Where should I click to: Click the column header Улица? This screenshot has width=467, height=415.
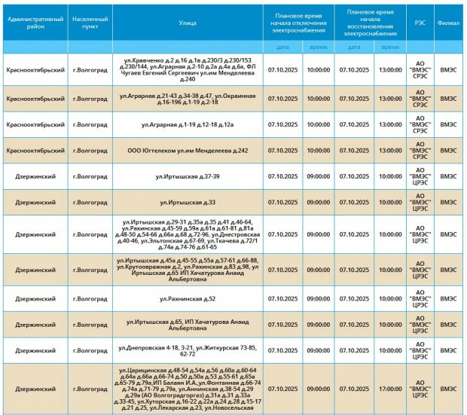tap(188, 23)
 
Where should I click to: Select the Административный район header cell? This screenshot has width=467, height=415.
tap(35, 23)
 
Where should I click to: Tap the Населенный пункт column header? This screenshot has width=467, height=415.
tap(90, 23)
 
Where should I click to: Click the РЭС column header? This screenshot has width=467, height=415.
tap(420, 23)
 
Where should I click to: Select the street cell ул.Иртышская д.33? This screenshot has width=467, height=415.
tap(188, 203)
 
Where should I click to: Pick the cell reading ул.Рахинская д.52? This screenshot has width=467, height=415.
tap(188, 299)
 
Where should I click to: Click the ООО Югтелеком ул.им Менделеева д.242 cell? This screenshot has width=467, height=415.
tap(188, 151)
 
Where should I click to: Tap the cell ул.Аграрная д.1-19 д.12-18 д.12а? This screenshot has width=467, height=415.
tap(188, 124)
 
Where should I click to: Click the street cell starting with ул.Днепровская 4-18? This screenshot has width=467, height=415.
tap(188, 350)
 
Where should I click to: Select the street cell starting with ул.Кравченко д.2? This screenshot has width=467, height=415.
tap(188, 69)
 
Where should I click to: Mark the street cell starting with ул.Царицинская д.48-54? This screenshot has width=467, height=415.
tap(188, 389)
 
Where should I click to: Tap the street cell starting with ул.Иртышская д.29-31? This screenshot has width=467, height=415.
tap(188, 234)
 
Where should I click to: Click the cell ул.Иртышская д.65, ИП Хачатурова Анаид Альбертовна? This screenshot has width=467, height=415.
tap(188, 325)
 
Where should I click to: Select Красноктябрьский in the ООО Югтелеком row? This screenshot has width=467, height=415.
tap(35, 151)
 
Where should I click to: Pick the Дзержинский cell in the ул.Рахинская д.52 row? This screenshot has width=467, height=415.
tap(35, 299)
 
